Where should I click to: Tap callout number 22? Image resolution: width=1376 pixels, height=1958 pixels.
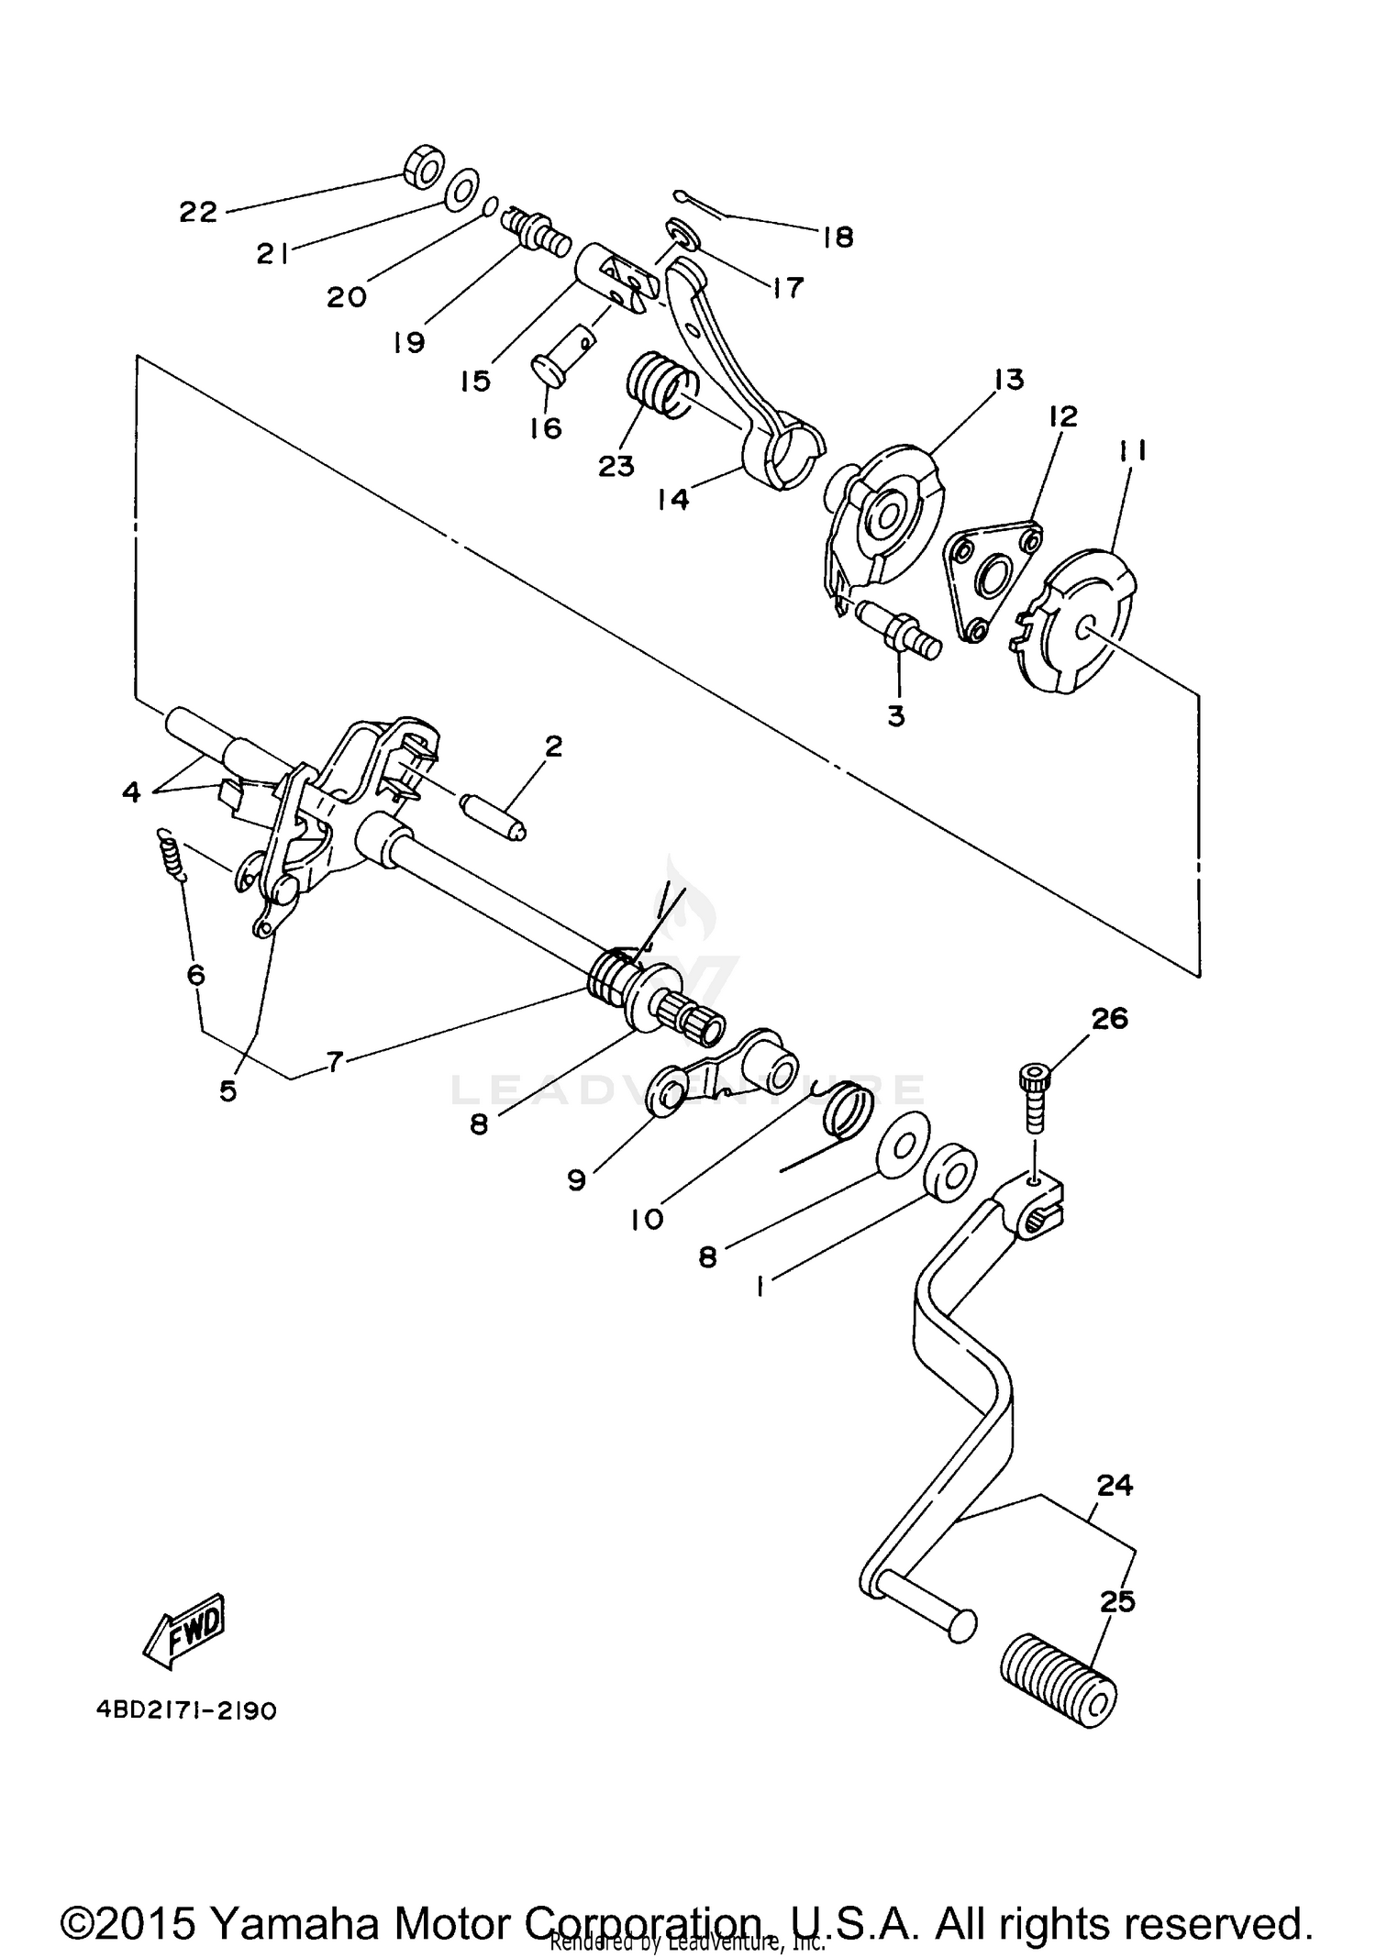197,213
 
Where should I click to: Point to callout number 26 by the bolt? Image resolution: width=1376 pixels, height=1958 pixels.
1109,1018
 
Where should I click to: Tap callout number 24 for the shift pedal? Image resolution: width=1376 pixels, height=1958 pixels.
1114,1485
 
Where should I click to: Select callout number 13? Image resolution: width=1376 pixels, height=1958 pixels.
1008,379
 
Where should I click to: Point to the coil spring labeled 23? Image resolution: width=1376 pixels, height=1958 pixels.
659,383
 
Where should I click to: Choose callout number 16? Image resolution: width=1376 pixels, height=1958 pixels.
546,428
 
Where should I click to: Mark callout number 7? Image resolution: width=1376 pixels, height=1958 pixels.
334,1062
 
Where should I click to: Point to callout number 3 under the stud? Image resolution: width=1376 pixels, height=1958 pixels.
896,716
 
